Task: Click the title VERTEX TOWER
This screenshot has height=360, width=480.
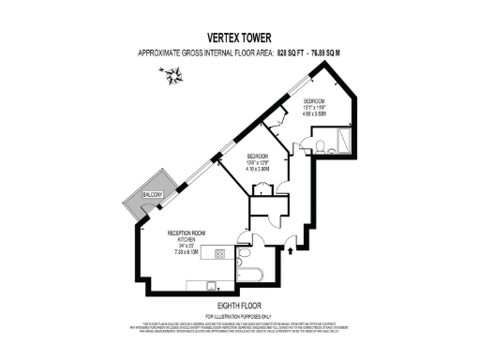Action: pos(239,38)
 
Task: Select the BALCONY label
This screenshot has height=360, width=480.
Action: pos(153,194)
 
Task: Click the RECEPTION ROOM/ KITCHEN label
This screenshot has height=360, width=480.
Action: pos(187,236)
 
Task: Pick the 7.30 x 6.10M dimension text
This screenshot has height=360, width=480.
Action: pos(187,251)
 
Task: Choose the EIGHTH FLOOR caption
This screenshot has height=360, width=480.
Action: pos(239,307)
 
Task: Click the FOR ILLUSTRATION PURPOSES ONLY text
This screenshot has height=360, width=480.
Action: pos(239,315)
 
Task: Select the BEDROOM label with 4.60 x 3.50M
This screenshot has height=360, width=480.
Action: pos(313,99)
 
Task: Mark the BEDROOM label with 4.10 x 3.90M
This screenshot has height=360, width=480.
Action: pos(258,156)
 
